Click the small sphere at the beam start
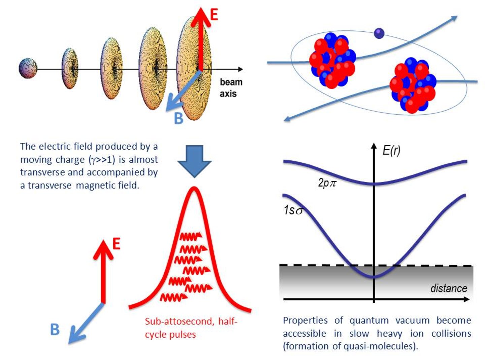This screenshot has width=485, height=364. coord(28,68)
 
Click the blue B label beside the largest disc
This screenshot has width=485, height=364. coord(178,118)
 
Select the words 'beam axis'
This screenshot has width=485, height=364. coord(231,88)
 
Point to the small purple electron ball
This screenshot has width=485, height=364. coord(379,33)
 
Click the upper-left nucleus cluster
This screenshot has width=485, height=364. coord(332,60)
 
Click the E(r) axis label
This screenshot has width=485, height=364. coord(391,150)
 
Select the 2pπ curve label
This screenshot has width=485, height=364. coord(327,183)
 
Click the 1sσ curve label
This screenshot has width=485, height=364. coord(293,210)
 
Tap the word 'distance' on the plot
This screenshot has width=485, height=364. coord(449,289)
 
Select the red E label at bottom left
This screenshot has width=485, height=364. coord(116,244)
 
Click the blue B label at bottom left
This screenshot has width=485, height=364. coord(55,330)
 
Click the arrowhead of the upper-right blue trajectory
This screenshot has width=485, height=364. coord(454,18)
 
